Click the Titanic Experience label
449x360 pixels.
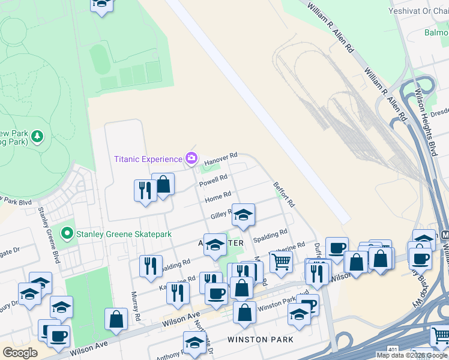(148, 159)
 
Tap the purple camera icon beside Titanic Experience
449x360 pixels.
(191, 159)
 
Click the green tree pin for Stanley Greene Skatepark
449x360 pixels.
(67, 233)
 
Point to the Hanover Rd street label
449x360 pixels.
(221, 160)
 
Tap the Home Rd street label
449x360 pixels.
(217, 197)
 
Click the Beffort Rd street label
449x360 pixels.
(283, 195)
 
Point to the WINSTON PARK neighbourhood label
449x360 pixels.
(261, 340)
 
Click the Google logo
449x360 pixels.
(20, 352)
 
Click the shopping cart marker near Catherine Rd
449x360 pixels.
(280, 262)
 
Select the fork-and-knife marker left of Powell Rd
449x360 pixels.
(145, 191)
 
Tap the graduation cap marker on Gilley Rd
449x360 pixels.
(243, 215)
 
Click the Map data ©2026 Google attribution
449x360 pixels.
(412, 355)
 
